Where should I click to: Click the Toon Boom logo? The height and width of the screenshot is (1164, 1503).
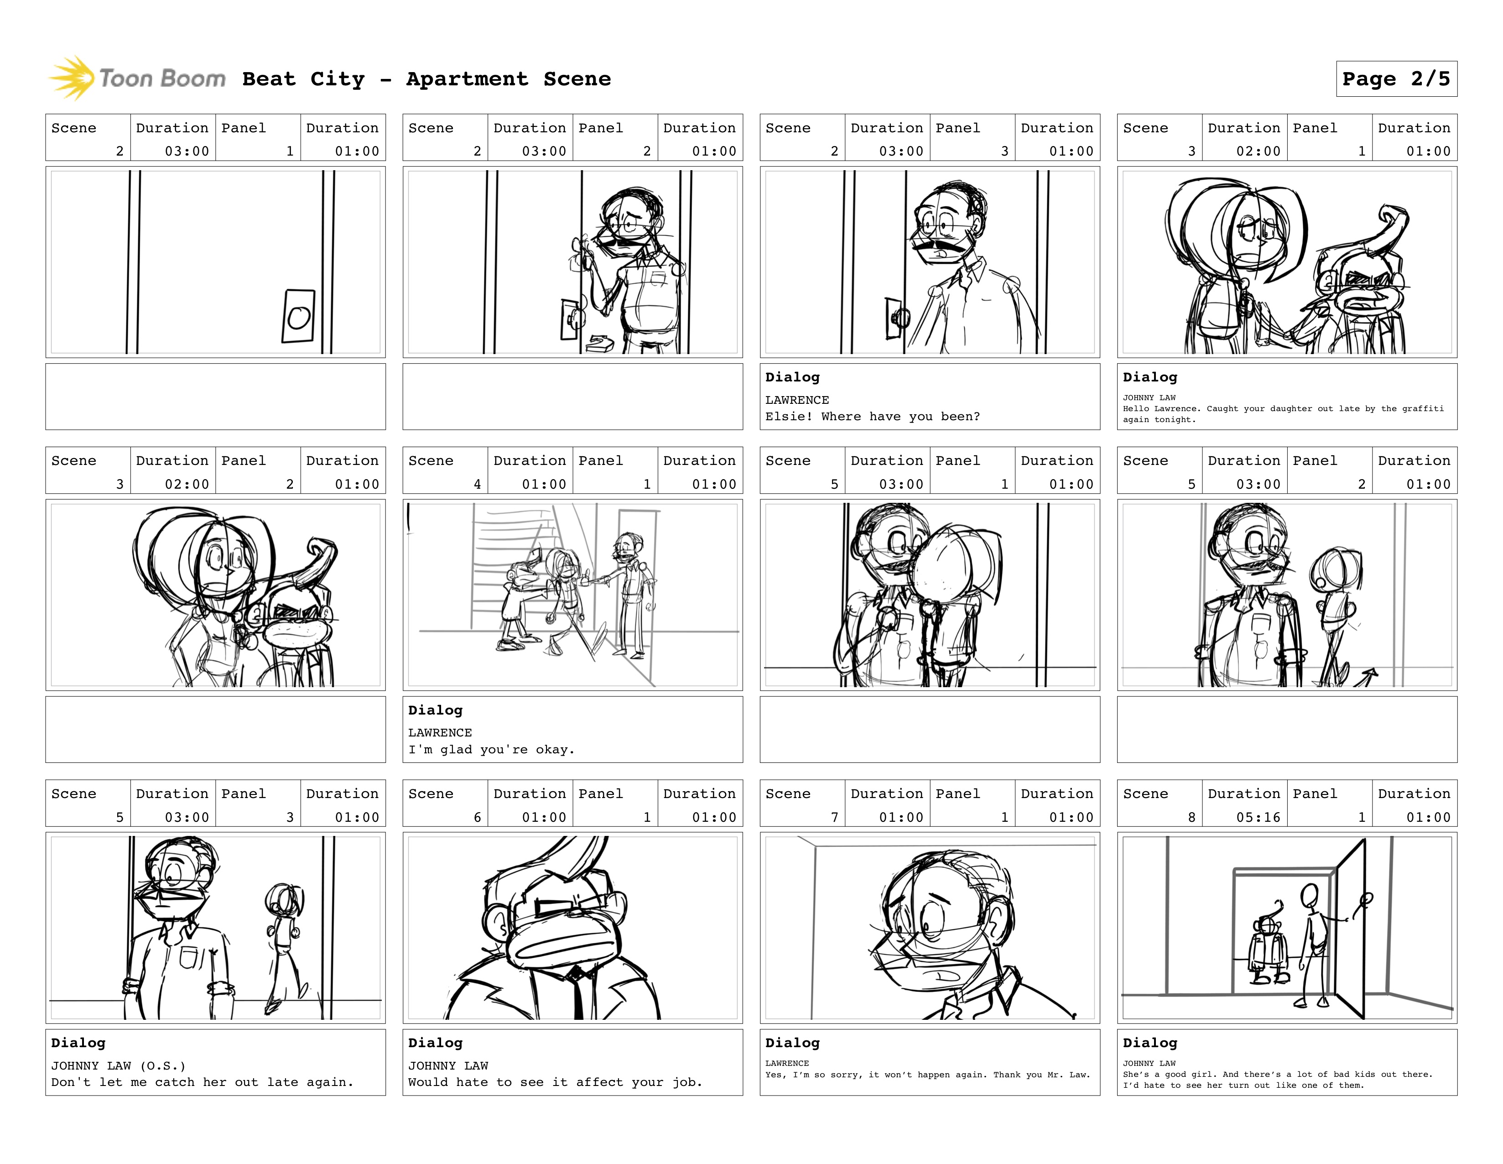point(137,78)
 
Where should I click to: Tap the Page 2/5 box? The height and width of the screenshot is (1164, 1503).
point(1396,79)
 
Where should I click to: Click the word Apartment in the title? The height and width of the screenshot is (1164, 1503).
point(467,79)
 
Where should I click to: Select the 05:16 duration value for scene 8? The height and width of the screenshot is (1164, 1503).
point(1258,817)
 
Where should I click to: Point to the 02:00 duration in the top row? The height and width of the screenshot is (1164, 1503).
point(1258,151)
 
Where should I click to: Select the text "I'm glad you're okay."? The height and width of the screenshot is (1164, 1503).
point(491,750)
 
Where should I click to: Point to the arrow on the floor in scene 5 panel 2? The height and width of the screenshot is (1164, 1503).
point(1364,677)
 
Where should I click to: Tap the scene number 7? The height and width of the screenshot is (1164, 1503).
point(834,817)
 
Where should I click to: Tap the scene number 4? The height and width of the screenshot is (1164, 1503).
point(477,484)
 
